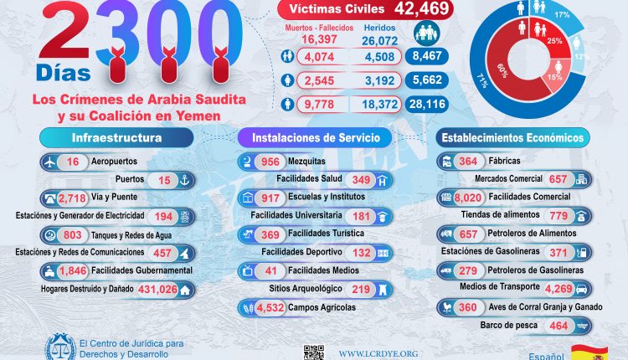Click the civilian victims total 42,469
pos(420,10)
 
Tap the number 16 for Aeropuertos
pos(74,161)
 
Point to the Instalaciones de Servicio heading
pos(314,136)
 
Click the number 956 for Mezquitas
pos(271,161)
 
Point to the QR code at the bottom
pos(313,352)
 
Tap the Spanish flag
pos(589,352)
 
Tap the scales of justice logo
pos(59,346)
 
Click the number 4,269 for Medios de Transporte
pos(558,290)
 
